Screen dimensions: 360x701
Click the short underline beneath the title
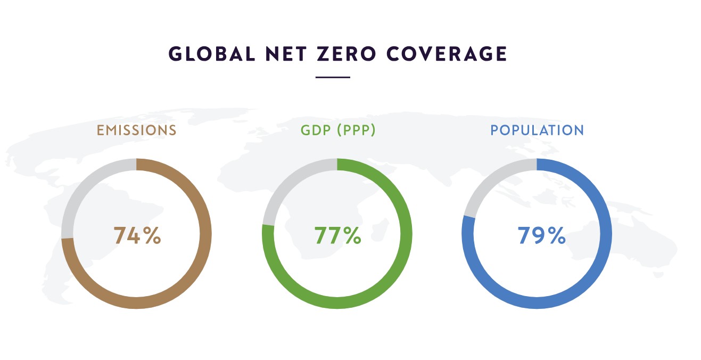333,78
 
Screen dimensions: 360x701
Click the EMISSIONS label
136,130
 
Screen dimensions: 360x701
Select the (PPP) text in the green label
356,130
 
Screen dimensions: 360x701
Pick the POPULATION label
537,130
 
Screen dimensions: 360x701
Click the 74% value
137,236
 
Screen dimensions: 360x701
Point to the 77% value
337,236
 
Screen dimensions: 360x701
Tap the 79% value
541,236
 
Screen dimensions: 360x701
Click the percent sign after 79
557,236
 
